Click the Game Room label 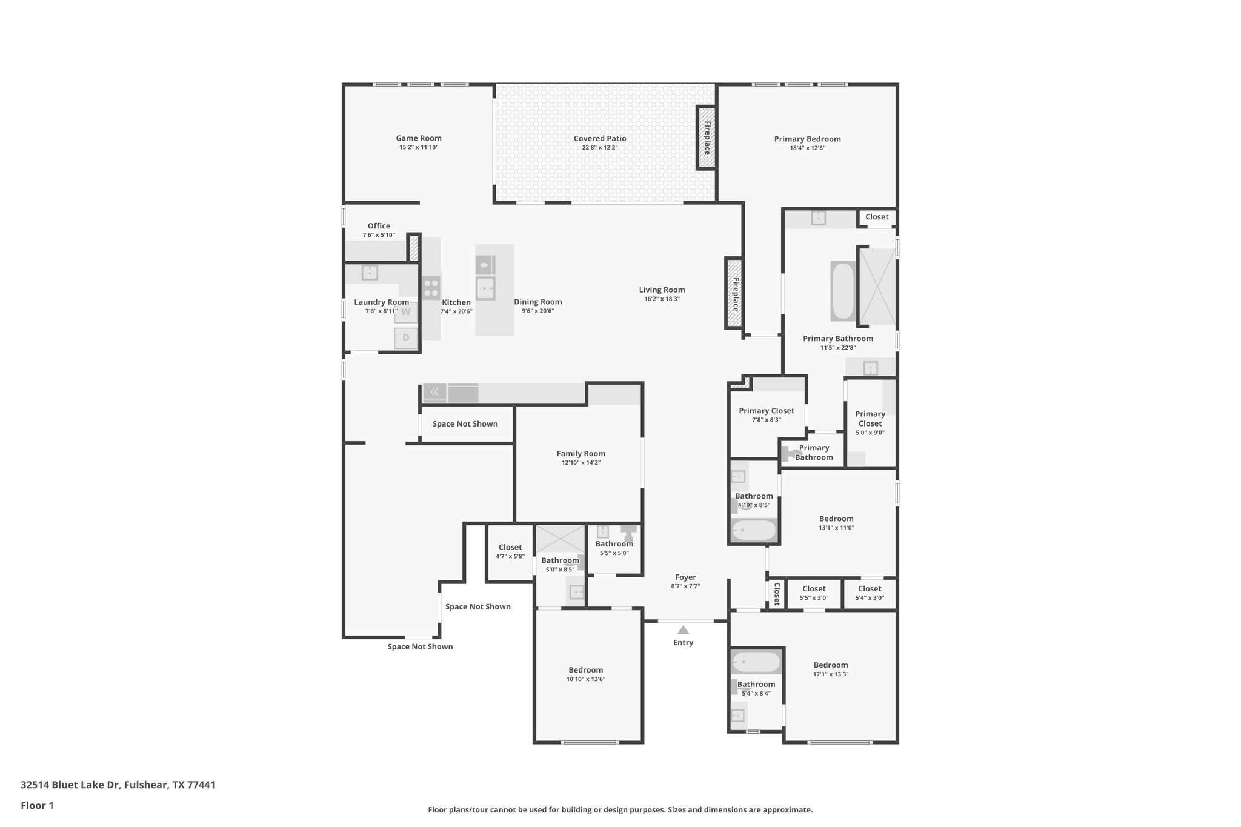[418, 138]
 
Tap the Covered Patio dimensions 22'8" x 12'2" [600, 148]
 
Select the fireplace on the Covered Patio [706, 138]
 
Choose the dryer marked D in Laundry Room [405, 338]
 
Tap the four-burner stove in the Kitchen [431, 288]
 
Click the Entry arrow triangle [683, 630]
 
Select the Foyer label [685, 577]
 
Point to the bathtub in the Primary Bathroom [842, 291]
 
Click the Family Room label [581, 453]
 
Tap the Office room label [379, 226]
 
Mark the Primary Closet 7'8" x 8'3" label [766, 411]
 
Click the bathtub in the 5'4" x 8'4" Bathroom [756, 662]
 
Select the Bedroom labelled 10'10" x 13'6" [585, 669]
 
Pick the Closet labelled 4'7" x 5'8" [510, 547]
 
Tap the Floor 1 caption [37, 805]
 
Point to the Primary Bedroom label [807, 139]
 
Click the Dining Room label [537, 302]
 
